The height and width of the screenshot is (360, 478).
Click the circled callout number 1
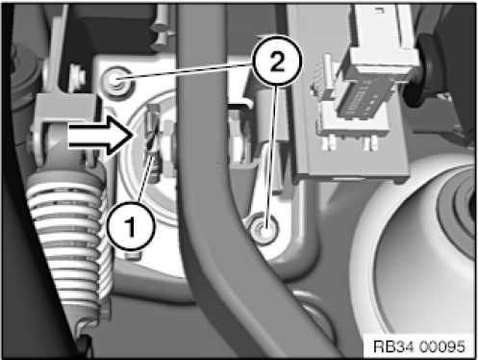131,226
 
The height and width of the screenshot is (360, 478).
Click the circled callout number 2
277,62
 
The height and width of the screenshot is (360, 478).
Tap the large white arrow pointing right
101,136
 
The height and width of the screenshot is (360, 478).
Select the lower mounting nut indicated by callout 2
264,229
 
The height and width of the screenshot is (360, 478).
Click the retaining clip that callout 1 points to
151,128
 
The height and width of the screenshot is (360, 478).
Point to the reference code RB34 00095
419,347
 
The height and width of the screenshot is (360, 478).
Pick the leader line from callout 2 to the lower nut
270,158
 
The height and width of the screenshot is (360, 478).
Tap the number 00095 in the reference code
442,347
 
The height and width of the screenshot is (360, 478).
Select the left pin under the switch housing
332,141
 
